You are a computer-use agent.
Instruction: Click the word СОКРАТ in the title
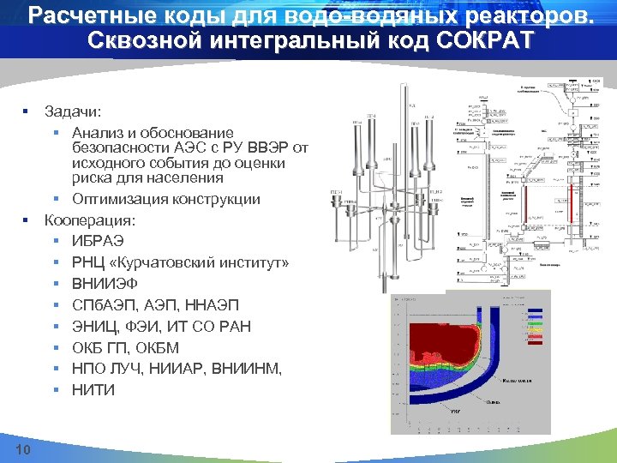[488, 40]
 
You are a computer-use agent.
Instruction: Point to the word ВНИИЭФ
[105, 284]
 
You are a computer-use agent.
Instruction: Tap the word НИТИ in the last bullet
[93, 390]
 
